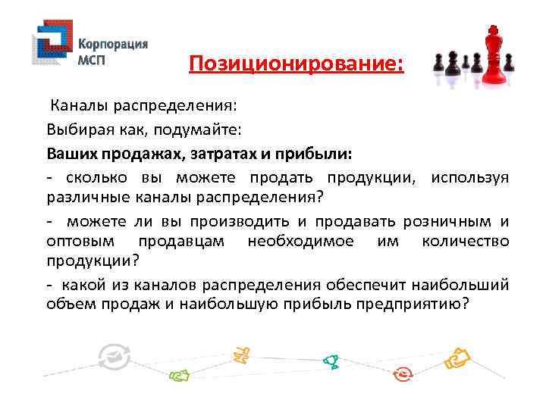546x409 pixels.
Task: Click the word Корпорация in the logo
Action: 113,43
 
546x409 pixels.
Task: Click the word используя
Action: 469,178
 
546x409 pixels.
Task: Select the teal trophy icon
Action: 331,361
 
